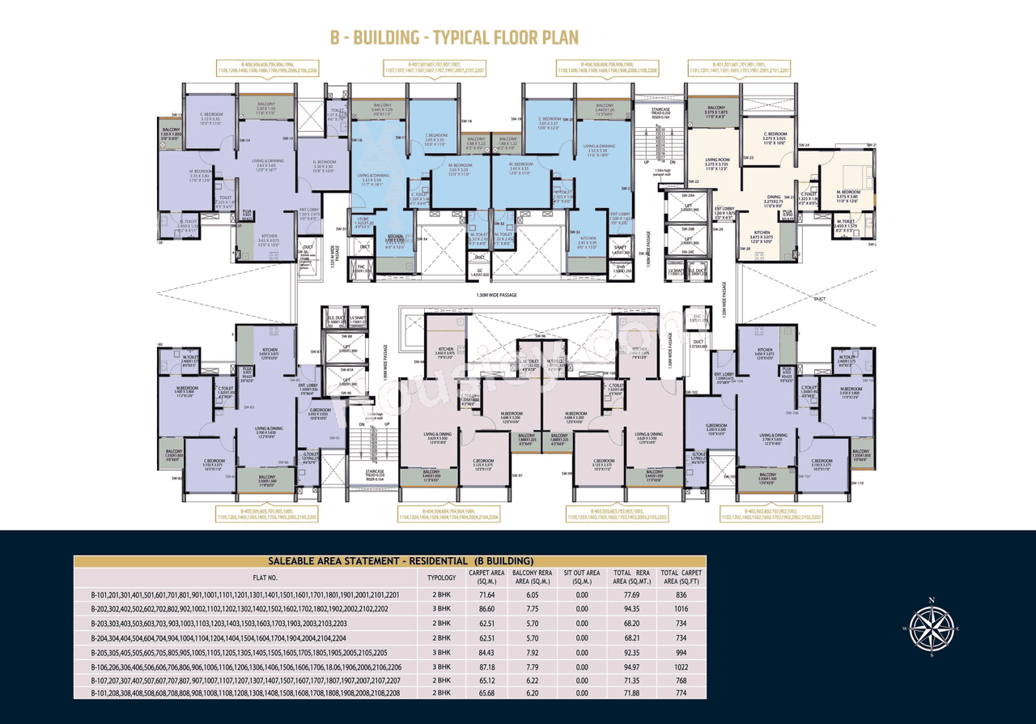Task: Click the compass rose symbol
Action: point(932,628)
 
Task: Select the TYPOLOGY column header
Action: point(442,577)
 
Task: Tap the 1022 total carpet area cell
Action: point(680,667)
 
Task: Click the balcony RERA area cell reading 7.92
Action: point(533,653)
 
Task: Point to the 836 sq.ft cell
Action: point(680,595)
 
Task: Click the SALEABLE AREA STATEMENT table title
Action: point(389,560)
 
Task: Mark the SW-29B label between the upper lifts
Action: point(689,230)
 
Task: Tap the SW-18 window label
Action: point(465,121)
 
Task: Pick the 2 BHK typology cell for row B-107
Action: point(442,681)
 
